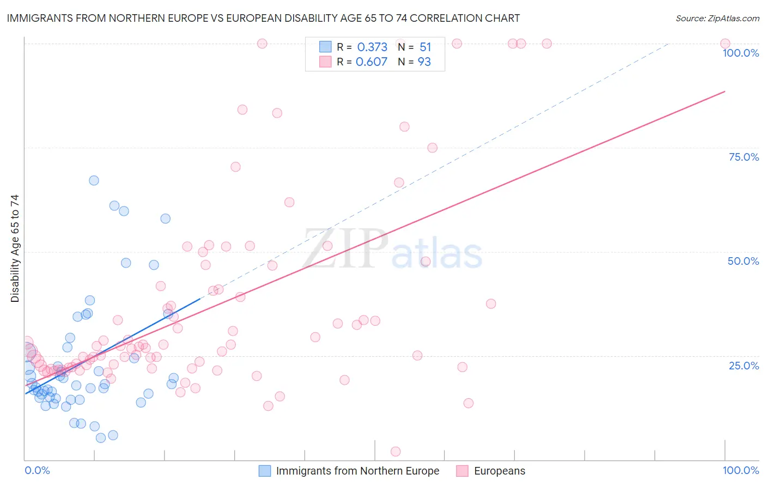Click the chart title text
pos(263,18)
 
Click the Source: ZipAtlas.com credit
pos(717,18)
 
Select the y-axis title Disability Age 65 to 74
pos(15,248)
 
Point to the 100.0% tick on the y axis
pos(740,53)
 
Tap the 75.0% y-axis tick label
pos(744,157)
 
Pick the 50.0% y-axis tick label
pos(743,261)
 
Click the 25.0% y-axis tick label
pos(744,365)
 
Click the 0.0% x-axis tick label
pos(37,470)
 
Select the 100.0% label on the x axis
pos(740,470)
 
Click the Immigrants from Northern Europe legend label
pos(357,471)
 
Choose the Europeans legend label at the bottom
pos(500,471)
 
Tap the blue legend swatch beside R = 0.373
pos(325,47)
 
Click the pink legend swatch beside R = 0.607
pos(325,62)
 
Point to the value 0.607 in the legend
pos(372,62)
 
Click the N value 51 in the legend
pos(425,47)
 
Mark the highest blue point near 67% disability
pos(94,180)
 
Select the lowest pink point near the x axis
pos(396,451)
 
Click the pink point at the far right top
pos(725,44)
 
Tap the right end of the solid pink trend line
pos(725,91)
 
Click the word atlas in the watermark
pos(437,253)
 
